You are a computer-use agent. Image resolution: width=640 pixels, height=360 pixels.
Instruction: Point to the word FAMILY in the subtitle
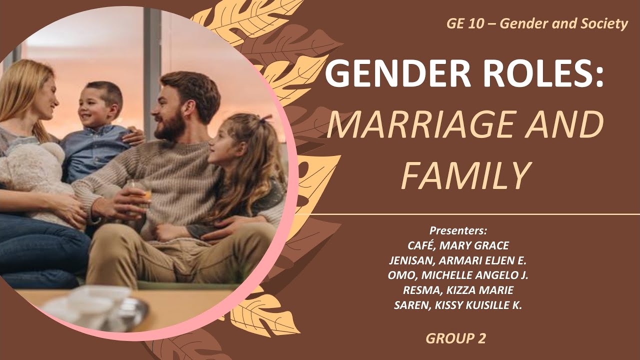point(465,176)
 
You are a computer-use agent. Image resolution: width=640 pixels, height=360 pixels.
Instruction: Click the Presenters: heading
point(458,231)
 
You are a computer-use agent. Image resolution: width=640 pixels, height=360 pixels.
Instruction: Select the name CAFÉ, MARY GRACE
point(458,246)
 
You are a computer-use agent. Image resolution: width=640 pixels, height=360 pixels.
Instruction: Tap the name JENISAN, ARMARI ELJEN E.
point(458,260)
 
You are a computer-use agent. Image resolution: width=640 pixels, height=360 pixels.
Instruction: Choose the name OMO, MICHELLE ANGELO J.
point(458,275)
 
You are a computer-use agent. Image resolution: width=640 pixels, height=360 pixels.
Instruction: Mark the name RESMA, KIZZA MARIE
point(458,290)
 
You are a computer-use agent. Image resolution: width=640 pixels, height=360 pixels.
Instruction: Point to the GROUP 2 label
point(455,338)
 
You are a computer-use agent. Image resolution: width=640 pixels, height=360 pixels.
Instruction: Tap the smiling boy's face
point(98,107)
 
